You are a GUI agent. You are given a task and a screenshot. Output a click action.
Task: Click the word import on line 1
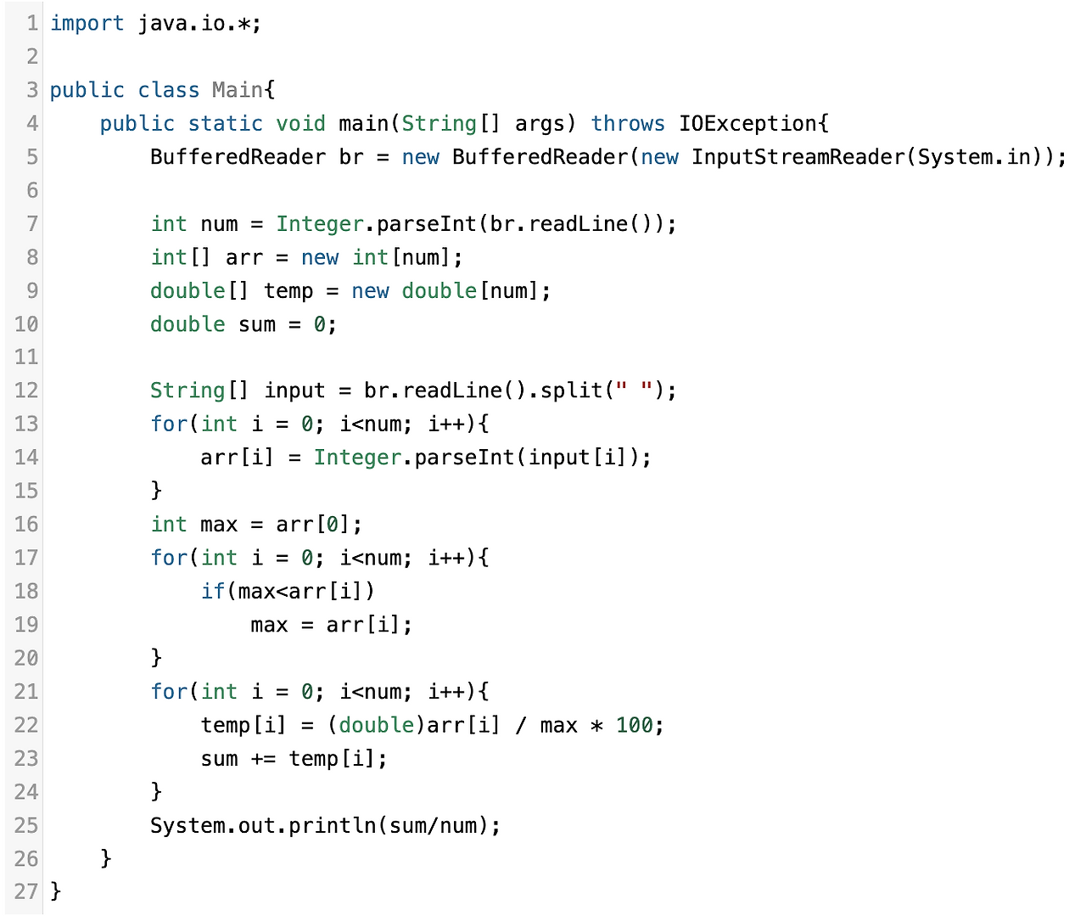pos(87,24)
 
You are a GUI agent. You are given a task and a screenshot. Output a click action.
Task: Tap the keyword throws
pos(628,124)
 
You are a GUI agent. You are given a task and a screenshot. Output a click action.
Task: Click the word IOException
pos(747,124)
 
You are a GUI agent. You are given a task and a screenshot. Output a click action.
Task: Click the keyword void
pos(300,124)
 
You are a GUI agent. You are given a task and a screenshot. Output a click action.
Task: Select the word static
pos(225,124)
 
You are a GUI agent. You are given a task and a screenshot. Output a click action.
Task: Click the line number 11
pos(26,357)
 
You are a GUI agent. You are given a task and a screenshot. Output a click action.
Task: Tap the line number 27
pos(26,891)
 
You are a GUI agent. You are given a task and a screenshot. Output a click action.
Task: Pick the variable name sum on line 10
pos(256,324)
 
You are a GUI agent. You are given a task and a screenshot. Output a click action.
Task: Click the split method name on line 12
pos(571,391)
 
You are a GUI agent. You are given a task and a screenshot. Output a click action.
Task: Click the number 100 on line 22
pos(634,725)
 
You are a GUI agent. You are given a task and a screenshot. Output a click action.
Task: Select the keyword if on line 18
pos(213,591)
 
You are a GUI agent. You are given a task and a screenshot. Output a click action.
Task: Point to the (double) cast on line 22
pos(377,725)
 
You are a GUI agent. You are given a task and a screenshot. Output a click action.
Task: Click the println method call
pos(332,825)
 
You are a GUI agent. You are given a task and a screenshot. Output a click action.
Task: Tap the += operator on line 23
pos(263,759)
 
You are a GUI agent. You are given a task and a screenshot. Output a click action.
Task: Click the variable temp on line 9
pos(288,291)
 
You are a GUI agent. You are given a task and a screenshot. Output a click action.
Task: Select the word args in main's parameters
pos(539,124)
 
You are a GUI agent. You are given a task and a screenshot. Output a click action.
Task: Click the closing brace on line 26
pos(105,858)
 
